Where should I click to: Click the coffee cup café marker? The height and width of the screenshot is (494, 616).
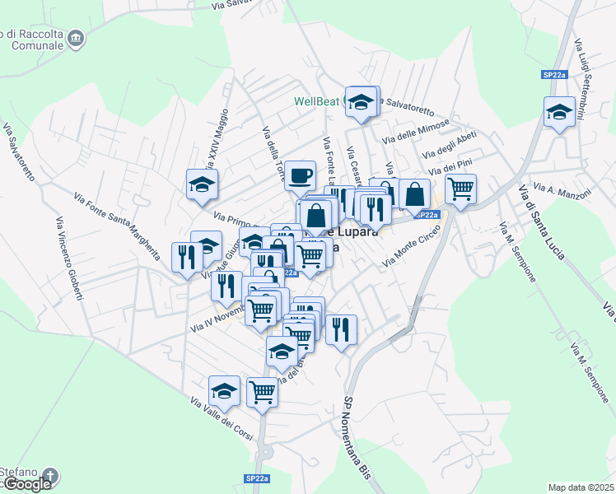point(301,175)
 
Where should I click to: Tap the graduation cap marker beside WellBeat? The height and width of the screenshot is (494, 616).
point(361,101)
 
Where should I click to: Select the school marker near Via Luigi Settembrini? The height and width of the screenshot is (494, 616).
point(559,111)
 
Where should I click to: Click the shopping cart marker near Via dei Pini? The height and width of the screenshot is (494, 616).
point(460,189)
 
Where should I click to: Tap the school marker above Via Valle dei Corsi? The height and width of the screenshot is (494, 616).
point(224,390)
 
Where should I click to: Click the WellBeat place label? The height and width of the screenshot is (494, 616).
point(317,102)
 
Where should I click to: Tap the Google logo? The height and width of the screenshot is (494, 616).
point(27,484)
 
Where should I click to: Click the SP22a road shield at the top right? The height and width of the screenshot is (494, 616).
point(554,75)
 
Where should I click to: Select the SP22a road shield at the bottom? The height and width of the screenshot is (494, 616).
point(256,478)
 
